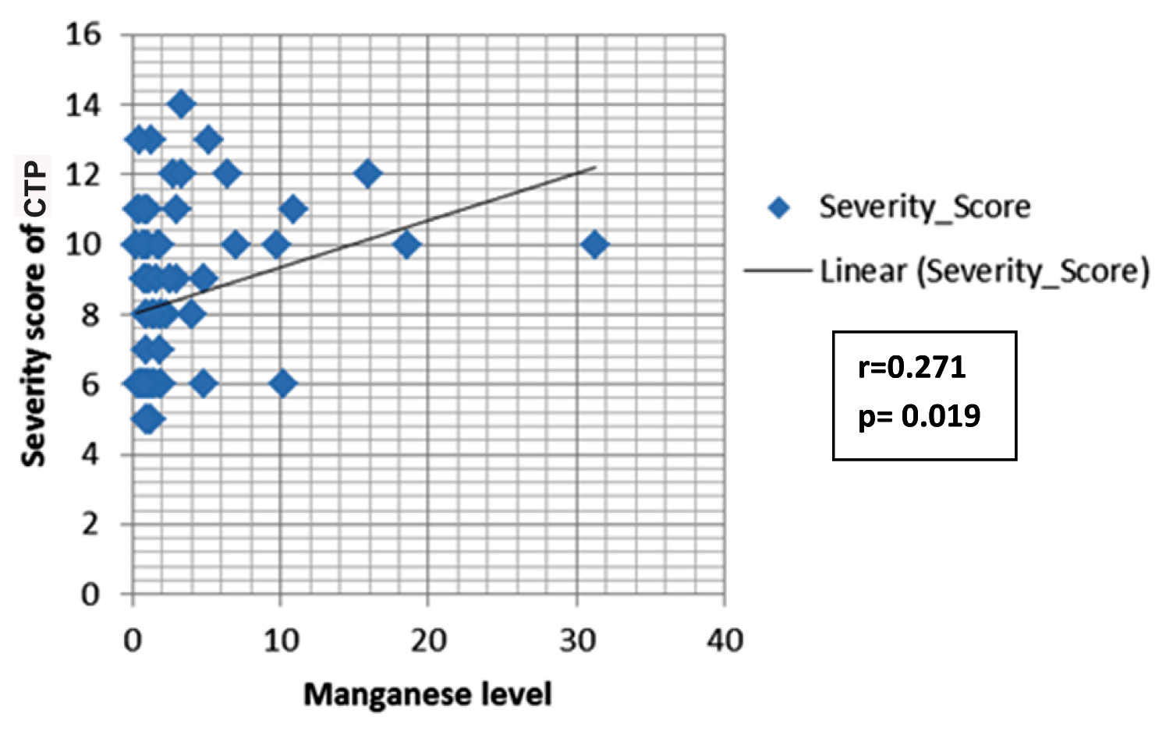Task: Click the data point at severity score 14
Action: pos(182,104)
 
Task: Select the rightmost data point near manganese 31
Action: pos(595,244)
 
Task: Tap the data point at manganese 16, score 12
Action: pos(368,174)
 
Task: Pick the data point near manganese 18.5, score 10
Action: pos(406,244)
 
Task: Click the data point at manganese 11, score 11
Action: pos(293,209)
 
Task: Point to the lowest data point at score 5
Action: pos(147,419)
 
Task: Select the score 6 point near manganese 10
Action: pos(283,383)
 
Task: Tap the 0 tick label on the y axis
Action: pos(90,595)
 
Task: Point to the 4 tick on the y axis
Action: pos(90,454)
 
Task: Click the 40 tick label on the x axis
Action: pos(725,641)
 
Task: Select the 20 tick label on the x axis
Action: pos(428,641)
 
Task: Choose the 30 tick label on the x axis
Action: pos(577,641)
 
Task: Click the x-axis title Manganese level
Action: pos(427,694)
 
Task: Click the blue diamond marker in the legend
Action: pos(779,207)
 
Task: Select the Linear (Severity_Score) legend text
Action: pos(984,271)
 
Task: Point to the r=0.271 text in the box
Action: pos(912,367)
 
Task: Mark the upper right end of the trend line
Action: pos(595,167)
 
